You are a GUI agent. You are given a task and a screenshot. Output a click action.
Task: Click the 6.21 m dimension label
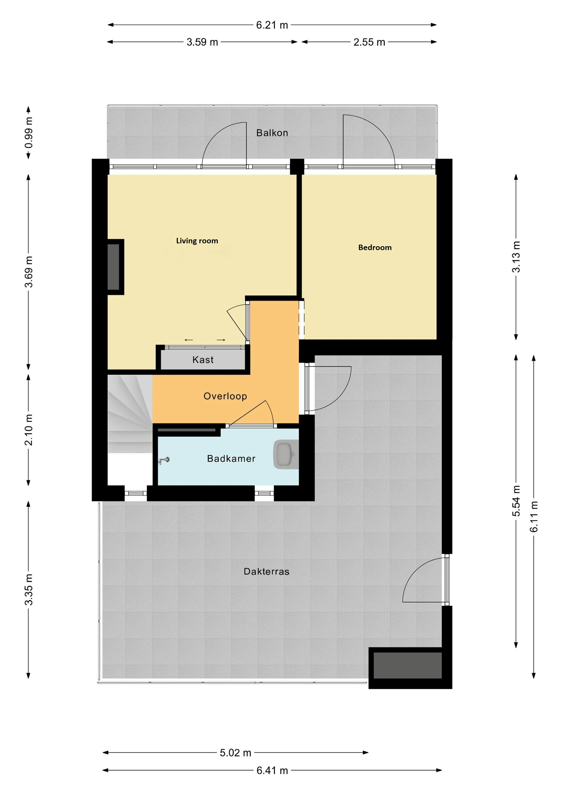coord(272,25)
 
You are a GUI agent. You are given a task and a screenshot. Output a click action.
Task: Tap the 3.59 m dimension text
coord(202,42)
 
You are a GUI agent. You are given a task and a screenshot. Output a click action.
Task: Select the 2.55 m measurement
coord(369,42)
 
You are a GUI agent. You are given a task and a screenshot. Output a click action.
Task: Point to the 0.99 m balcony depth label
coord(29,133)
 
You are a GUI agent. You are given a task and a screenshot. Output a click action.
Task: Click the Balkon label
coord(272,133)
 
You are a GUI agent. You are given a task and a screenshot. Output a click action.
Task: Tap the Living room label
coord(197,241)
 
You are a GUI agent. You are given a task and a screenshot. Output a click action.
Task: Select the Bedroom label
coord(375,247)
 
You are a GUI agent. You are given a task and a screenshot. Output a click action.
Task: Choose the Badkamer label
coord(231,459)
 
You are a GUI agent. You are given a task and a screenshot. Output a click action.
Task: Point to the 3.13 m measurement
coord(516,257)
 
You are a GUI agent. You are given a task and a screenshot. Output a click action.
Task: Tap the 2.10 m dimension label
coord(29,429)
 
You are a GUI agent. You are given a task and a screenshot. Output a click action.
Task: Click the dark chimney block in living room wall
coord(114,267)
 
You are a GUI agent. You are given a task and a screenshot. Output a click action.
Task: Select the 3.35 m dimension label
coord(29,589)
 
